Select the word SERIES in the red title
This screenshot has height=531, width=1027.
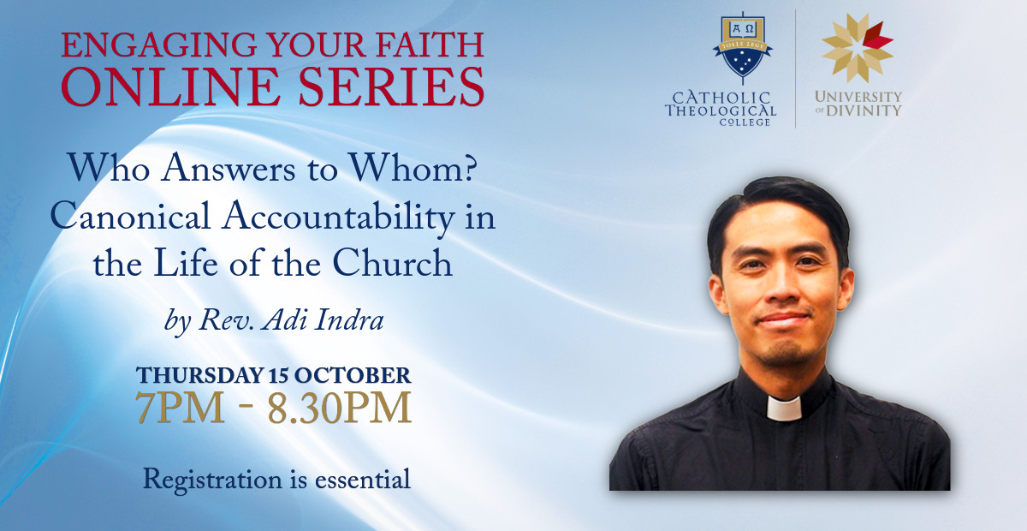coord(392,87)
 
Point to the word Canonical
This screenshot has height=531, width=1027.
coord(130,216)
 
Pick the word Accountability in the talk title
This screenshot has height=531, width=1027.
coord(338,219)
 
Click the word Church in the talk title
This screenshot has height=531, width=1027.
coord(393,263)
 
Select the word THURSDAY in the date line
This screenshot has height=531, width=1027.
coord(199,375)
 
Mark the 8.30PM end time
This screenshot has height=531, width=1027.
coord(339,408)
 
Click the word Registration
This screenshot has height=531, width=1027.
coord(213,480)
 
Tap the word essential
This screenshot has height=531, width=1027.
coord(362,480)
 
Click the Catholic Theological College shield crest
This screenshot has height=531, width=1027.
coord(743,48)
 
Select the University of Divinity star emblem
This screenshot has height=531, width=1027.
coord(857,47)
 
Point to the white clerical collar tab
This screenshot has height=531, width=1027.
coord(784,409)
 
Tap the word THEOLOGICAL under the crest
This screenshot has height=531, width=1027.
coord(721,110)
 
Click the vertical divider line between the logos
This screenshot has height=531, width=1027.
coord(795,69)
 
